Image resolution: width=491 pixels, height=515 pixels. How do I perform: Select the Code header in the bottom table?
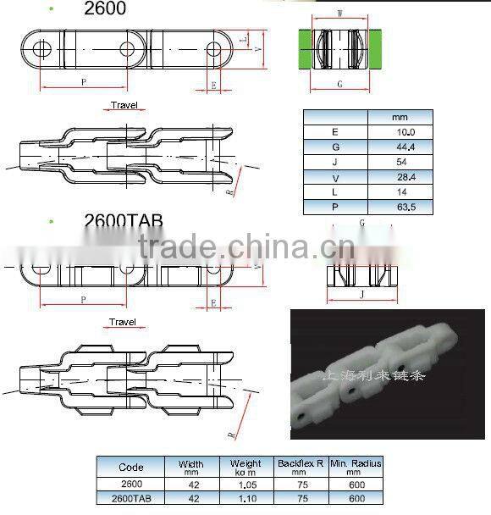tap(131, 467)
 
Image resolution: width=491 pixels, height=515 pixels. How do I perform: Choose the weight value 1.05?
tap(246, 484)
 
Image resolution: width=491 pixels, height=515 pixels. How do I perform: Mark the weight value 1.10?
tap(246, 499)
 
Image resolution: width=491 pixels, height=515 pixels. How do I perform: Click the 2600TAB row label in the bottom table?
tap(131, 499)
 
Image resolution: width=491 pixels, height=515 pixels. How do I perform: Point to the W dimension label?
tap(339, 13)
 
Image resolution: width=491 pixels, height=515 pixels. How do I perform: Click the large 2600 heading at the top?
tap(105, 9)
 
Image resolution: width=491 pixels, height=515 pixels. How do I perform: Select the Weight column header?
tap(246, 467)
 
